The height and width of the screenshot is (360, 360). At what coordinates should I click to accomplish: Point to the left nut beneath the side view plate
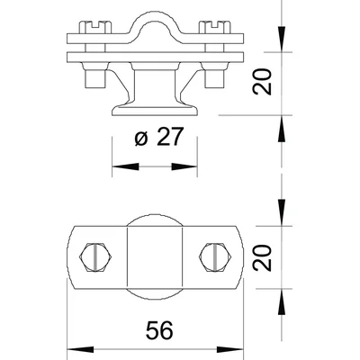coord(91,77)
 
